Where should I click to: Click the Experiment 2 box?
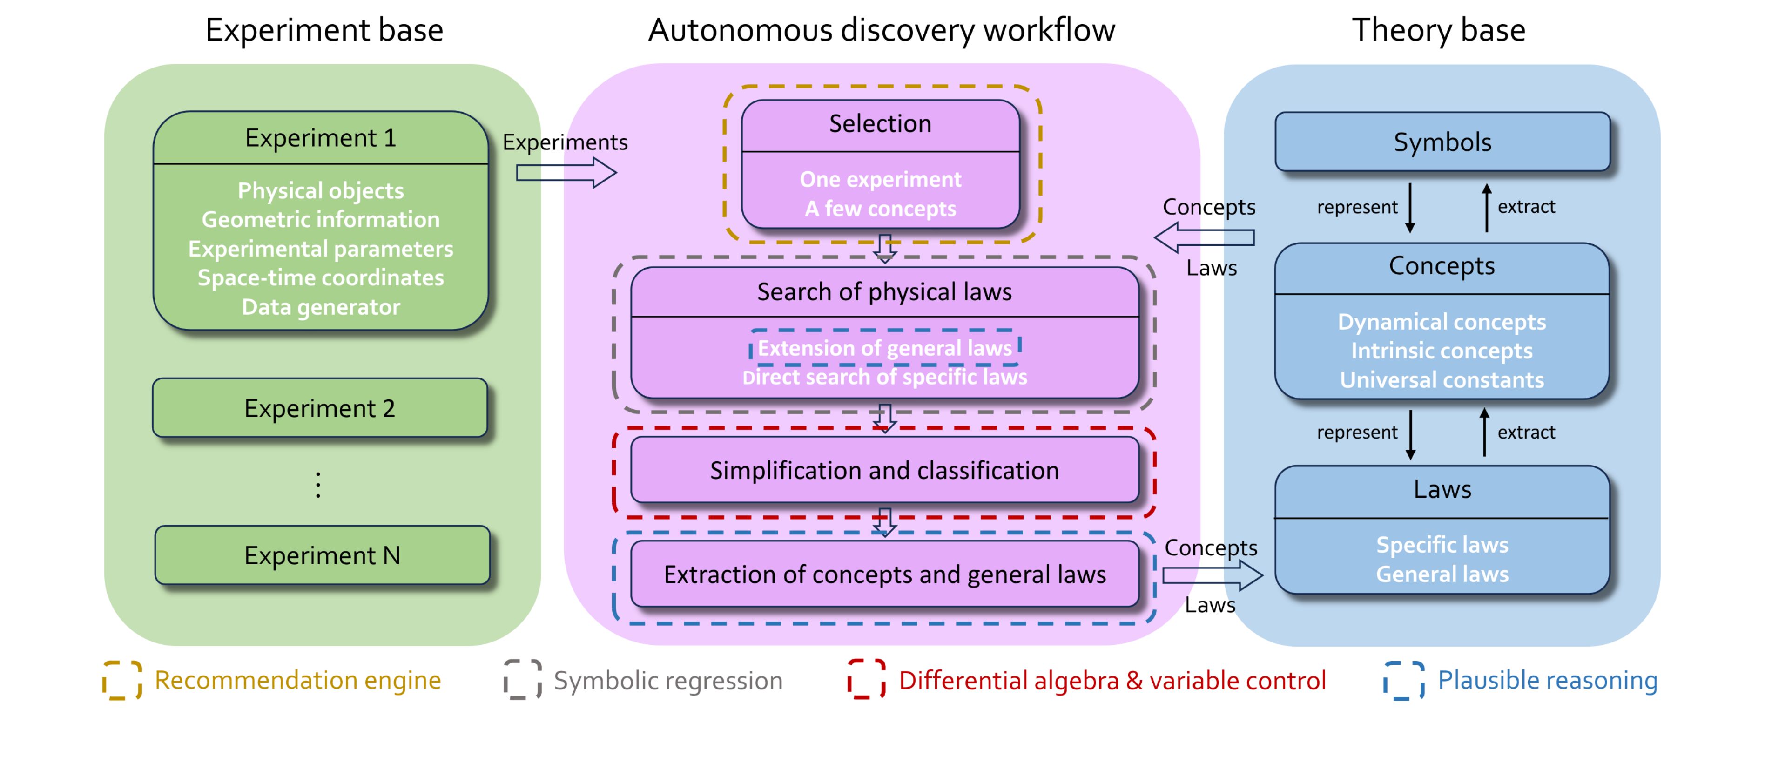click(x=320, y=408)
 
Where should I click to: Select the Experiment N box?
click(x=322, y=555)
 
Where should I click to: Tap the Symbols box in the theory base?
click(x=1442, y=142)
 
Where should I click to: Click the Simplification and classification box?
click(x=884, y=470)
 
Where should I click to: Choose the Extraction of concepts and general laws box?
click(x=884, y=574)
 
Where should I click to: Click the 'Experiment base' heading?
click(x=324, y=30)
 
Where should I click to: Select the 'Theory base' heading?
click(x=1438, y=30)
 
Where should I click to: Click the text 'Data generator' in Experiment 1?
click(x=321, y=307)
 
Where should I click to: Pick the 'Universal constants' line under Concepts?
click(x=1442, y=380)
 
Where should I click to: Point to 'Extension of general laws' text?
click(x=884, y=348)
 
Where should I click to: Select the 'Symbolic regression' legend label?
click(x=668, y=681)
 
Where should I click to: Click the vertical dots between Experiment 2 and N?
click(x=318, y=485)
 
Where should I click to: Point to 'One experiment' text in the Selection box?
click(x=881, y=180)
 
